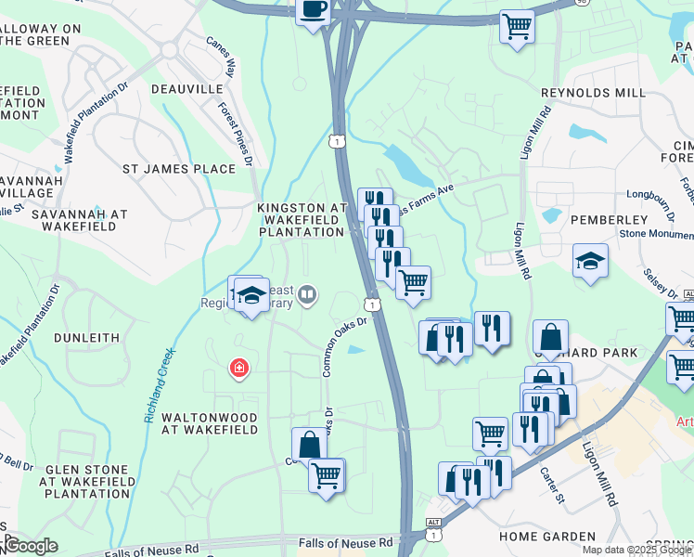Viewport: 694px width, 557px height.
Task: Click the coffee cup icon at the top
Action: click(313, 10)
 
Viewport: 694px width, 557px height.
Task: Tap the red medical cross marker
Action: click(239, 369)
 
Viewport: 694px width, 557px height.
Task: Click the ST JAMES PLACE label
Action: click(179, 169)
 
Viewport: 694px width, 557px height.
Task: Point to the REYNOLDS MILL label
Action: click(593, 93)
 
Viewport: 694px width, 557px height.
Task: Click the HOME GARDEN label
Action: click(546, 537)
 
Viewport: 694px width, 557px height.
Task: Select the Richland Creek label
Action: click(160, 385)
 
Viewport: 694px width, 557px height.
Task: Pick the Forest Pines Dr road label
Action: click(236, 135)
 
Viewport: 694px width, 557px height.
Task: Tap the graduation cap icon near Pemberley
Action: click(589, 262)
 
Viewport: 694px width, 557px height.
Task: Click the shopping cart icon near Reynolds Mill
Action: click(517, 25)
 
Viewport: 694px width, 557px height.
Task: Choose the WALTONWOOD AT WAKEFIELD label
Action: click(210, 423)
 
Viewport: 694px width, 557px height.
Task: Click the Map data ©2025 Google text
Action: click(636, 550)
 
